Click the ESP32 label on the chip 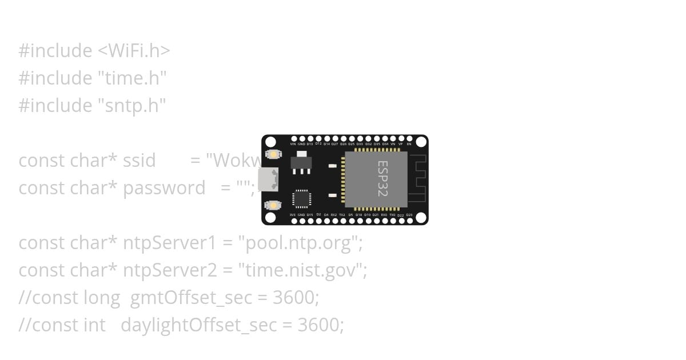point(382,179)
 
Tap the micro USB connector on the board point(268,179)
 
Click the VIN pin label point(293,144)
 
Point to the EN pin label point(409,144)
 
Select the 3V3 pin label point(293,215)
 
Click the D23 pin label point(409,215)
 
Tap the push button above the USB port point(273,154)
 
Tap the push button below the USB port point(273,205)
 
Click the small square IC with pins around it point(301,198)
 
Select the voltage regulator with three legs point(301,162)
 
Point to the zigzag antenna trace point(418,178)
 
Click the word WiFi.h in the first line point(134,51)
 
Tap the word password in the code point(164,188)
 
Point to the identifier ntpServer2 point(170,270)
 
